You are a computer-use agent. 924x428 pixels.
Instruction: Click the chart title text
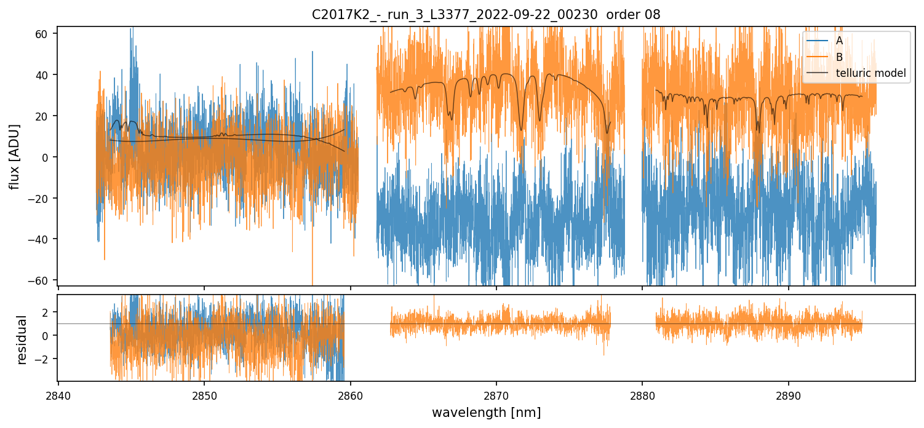tap(486, 15)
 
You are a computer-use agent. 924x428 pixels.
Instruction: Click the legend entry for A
tap(839, 41)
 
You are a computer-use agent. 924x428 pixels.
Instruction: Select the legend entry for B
tap(839, 57)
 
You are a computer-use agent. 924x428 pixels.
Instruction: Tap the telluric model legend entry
tap(870, 74)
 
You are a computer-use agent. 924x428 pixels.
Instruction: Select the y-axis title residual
tap(22, 339)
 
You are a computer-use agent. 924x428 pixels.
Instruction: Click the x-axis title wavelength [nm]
tap(486, 412)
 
